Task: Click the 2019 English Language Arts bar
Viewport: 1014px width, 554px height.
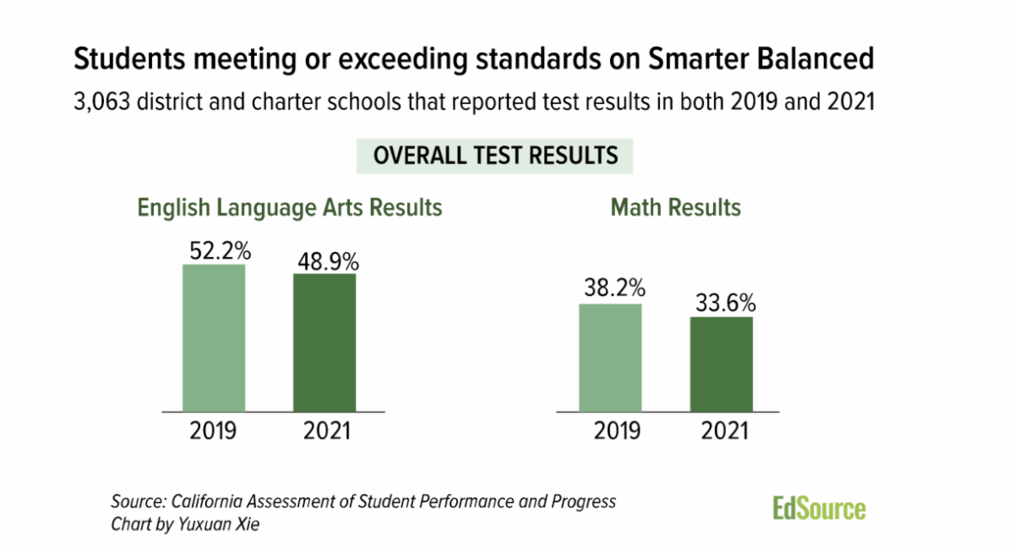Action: point(214,338)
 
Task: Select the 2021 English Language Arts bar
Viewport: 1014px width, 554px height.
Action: point(324,343)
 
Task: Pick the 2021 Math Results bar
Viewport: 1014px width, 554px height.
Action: point(721,365)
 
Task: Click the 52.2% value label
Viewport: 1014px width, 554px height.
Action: point(214,250)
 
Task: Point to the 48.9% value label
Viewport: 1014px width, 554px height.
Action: point(325,260)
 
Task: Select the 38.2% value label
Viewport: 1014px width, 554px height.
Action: point(610,288)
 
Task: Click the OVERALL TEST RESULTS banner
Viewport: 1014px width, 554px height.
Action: point(496,156)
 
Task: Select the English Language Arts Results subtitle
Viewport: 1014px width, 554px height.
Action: point(290,207)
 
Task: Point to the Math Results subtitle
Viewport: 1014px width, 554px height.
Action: point(675,207)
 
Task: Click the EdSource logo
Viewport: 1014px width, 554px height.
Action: point(819,508)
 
